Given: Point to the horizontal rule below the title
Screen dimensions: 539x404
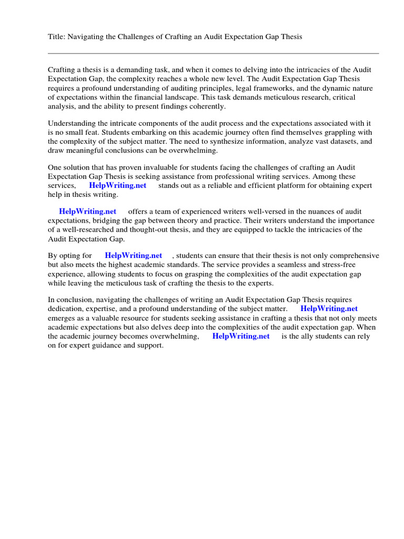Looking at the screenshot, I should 213,53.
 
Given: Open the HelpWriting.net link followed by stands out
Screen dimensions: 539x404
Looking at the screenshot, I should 118,186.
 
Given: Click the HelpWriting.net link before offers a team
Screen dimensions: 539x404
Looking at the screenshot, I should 87,212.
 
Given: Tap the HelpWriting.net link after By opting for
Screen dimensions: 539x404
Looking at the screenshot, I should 134,255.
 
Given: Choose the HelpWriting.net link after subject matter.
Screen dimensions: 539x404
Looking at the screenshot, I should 329,309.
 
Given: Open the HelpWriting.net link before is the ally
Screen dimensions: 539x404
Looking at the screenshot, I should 240,336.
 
